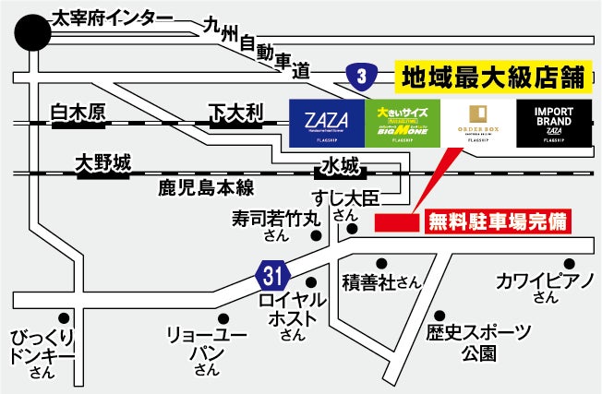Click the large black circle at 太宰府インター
pos(34,34)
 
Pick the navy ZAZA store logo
pos(327,122)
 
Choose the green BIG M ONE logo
pos(403,122)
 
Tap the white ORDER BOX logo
pos(477,122)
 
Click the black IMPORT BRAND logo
pos(554,122)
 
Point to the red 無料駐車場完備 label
pos(496,221)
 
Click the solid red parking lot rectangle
pos(397,222)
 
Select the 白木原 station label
pos(78,113)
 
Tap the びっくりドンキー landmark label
pos(42,352)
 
